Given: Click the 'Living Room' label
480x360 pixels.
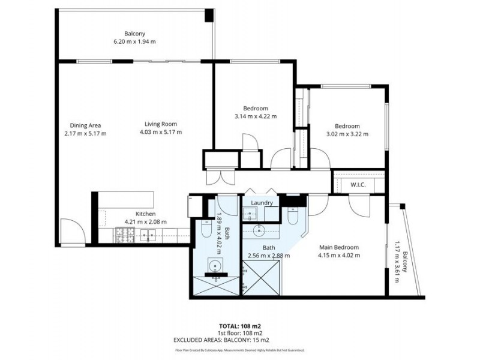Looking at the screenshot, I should tap(160, 124).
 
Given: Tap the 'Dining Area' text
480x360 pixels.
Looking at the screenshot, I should tap(85, 125).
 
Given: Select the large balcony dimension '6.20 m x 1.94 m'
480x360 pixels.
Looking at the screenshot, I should tap(134, 41).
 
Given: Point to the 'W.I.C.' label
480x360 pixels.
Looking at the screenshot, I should tap(358, 185).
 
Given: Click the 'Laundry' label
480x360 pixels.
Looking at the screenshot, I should tap(262, 203).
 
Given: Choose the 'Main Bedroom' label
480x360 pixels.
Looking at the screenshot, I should tap(339, 247).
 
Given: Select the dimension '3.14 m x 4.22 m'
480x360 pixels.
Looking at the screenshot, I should tap(256, 117).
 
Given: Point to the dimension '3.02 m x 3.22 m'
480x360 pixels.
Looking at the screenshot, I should tap(347, 134).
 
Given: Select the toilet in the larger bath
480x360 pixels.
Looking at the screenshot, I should tap(293, 216).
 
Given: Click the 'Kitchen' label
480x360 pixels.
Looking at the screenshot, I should tap(145, 214).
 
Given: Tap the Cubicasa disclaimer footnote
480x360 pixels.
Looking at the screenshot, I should tap(239, 349).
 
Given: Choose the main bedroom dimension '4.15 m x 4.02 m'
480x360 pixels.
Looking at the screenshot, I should tap(339, 256).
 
